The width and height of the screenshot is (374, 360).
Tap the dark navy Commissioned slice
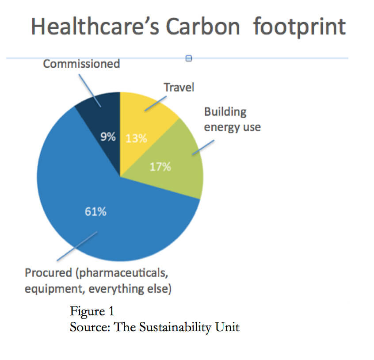click(x=105, y=124)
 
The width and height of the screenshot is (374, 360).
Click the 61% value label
click(x=95, y=211)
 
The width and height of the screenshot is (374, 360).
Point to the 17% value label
click(x=160, y=167)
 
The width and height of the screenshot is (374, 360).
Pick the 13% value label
click(x=136, y=138)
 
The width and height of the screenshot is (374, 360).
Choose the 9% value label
click(x=108, y=137)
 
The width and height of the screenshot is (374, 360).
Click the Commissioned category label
click(x=81, y=64)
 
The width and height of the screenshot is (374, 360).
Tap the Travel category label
click(x=179, y=87)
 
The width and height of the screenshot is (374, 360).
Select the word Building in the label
click(x=225, y=112)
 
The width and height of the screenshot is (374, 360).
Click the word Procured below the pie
click(x=49, y=273)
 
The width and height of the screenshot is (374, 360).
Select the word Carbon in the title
click(x=203, y=27)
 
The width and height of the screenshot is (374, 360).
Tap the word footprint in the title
click(x=300, y=27)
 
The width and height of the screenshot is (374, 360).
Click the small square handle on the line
click(x=189, y=58)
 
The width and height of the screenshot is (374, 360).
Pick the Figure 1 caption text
click(x=92, y=311)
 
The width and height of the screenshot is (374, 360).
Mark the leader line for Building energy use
click(x=203, y=147)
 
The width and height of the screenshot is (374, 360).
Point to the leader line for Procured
click(x=77, y=246)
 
